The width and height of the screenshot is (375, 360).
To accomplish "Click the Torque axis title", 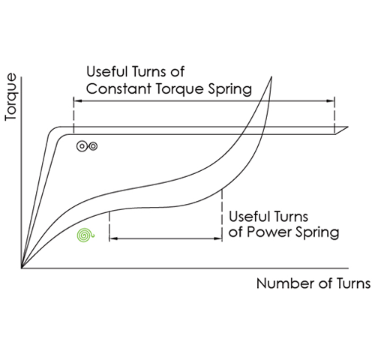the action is [10, 97].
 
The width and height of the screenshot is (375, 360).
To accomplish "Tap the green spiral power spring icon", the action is [85, 235].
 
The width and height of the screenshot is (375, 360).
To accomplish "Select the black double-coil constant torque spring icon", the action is [87, 146].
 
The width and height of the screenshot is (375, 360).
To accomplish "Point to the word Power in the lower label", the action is [270, 232].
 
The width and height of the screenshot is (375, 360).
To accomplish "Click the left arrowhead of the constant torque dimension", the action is [78, 100].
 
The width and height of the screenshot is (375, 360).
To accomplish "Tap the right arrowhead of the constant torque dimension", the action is [330, 100].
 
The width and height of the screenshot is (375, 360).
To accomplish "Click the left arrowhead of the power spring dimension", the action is [114, 238].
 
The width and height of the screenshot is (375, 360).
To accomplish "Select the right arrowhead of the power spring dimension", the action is [217, 238].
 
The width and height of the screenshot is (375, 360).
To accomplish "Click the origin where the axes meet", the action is [22, 268].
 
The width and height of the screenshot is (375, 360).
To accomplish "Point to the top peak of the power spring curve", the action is [271, 76].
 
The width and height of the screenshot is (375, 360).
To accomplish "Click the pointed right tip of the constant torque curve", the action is [348, 127].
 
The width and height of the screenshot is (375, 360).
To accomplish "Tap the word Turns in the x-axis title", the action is [353, 283].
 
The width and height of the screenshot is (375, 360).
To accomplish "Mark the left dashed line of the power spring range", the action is [109, 226].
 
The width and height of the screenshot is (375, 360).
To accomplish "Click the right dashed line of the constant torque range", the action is [334, 115].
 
